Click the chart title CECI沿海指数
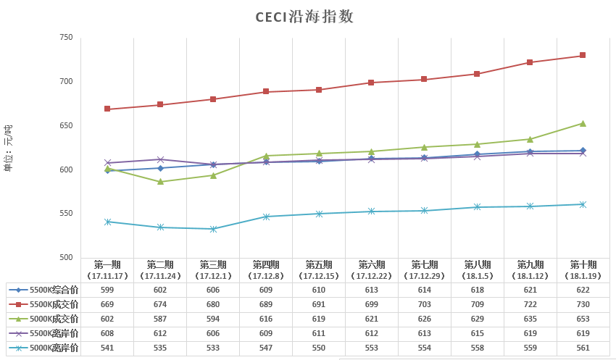click(x=304, y=17)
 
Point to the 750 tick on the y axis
click(x=66, y=37)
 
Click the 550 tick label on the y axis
click(x=66, y=214)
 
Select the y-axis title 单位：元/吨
click(x=9, y=148)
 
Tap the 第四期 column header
click(x=266, y=264)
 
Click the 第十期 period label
click(x=583, y=264)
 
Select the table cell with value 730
click(x=583, y=304)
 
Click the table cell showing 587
click(x=160, y=319)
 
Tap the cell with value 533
click(x=213, y=348)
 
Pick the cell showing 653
click(x=583, y=319)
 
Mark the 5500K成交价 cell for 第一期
click(x=107, y=304)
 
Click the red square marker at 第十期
click(x=583, y=56)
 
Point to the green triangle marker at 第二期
click(x=160, y=181)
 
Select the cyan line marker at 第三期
click(x=213, y=229)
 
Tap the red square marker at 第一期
click(x=107, y=109)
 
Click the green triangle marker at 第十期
click(x=583, y=123)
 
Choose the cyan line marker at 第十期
click(x=583, y=204)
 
